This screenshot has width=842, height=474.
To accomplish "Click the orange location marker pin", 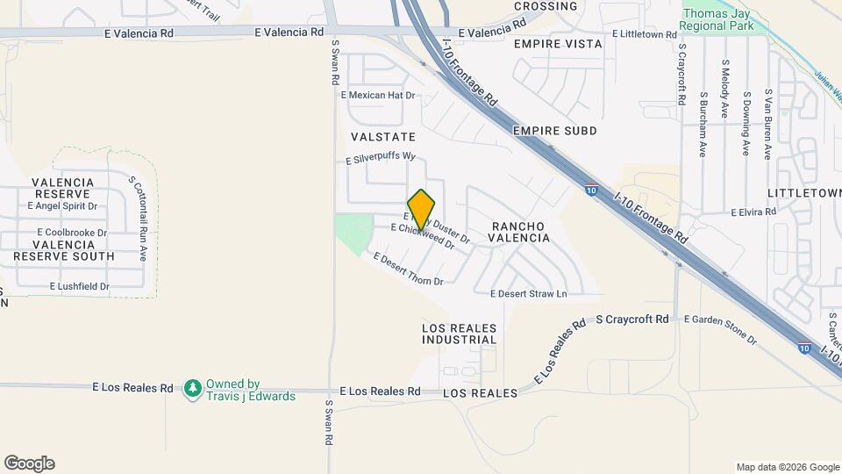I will click(x=422, y=209).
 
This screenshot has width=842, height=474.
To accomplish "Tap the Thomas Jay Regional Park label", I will click(x=717, y=20).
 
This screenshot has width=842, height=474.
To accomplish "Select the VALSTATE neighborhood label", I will click(x=382, y=138).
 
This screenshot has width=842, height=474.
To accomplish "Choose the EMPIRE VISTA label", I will click(x=558, y=44).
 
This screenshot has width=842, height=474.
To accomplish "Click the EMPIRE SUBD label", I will click(x=555, y=131).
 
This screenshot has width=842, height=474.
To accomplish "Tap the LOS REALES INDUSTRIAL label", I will click(x=460, y=334).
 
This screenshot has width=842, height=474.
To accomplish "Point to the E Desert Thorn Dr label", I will click(x=409, y=269).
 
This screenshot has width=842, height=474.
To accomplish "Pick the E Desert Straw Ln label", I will click(x=529, y=293).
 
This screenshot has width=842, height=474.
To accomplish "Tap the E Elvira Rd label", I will click(x=753, y=212).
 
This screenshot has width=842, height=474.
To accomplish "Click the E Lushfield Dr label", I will click(x=79, y=286).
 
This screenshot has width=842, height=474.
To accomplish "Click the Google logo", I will click(x=29, y=463).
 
